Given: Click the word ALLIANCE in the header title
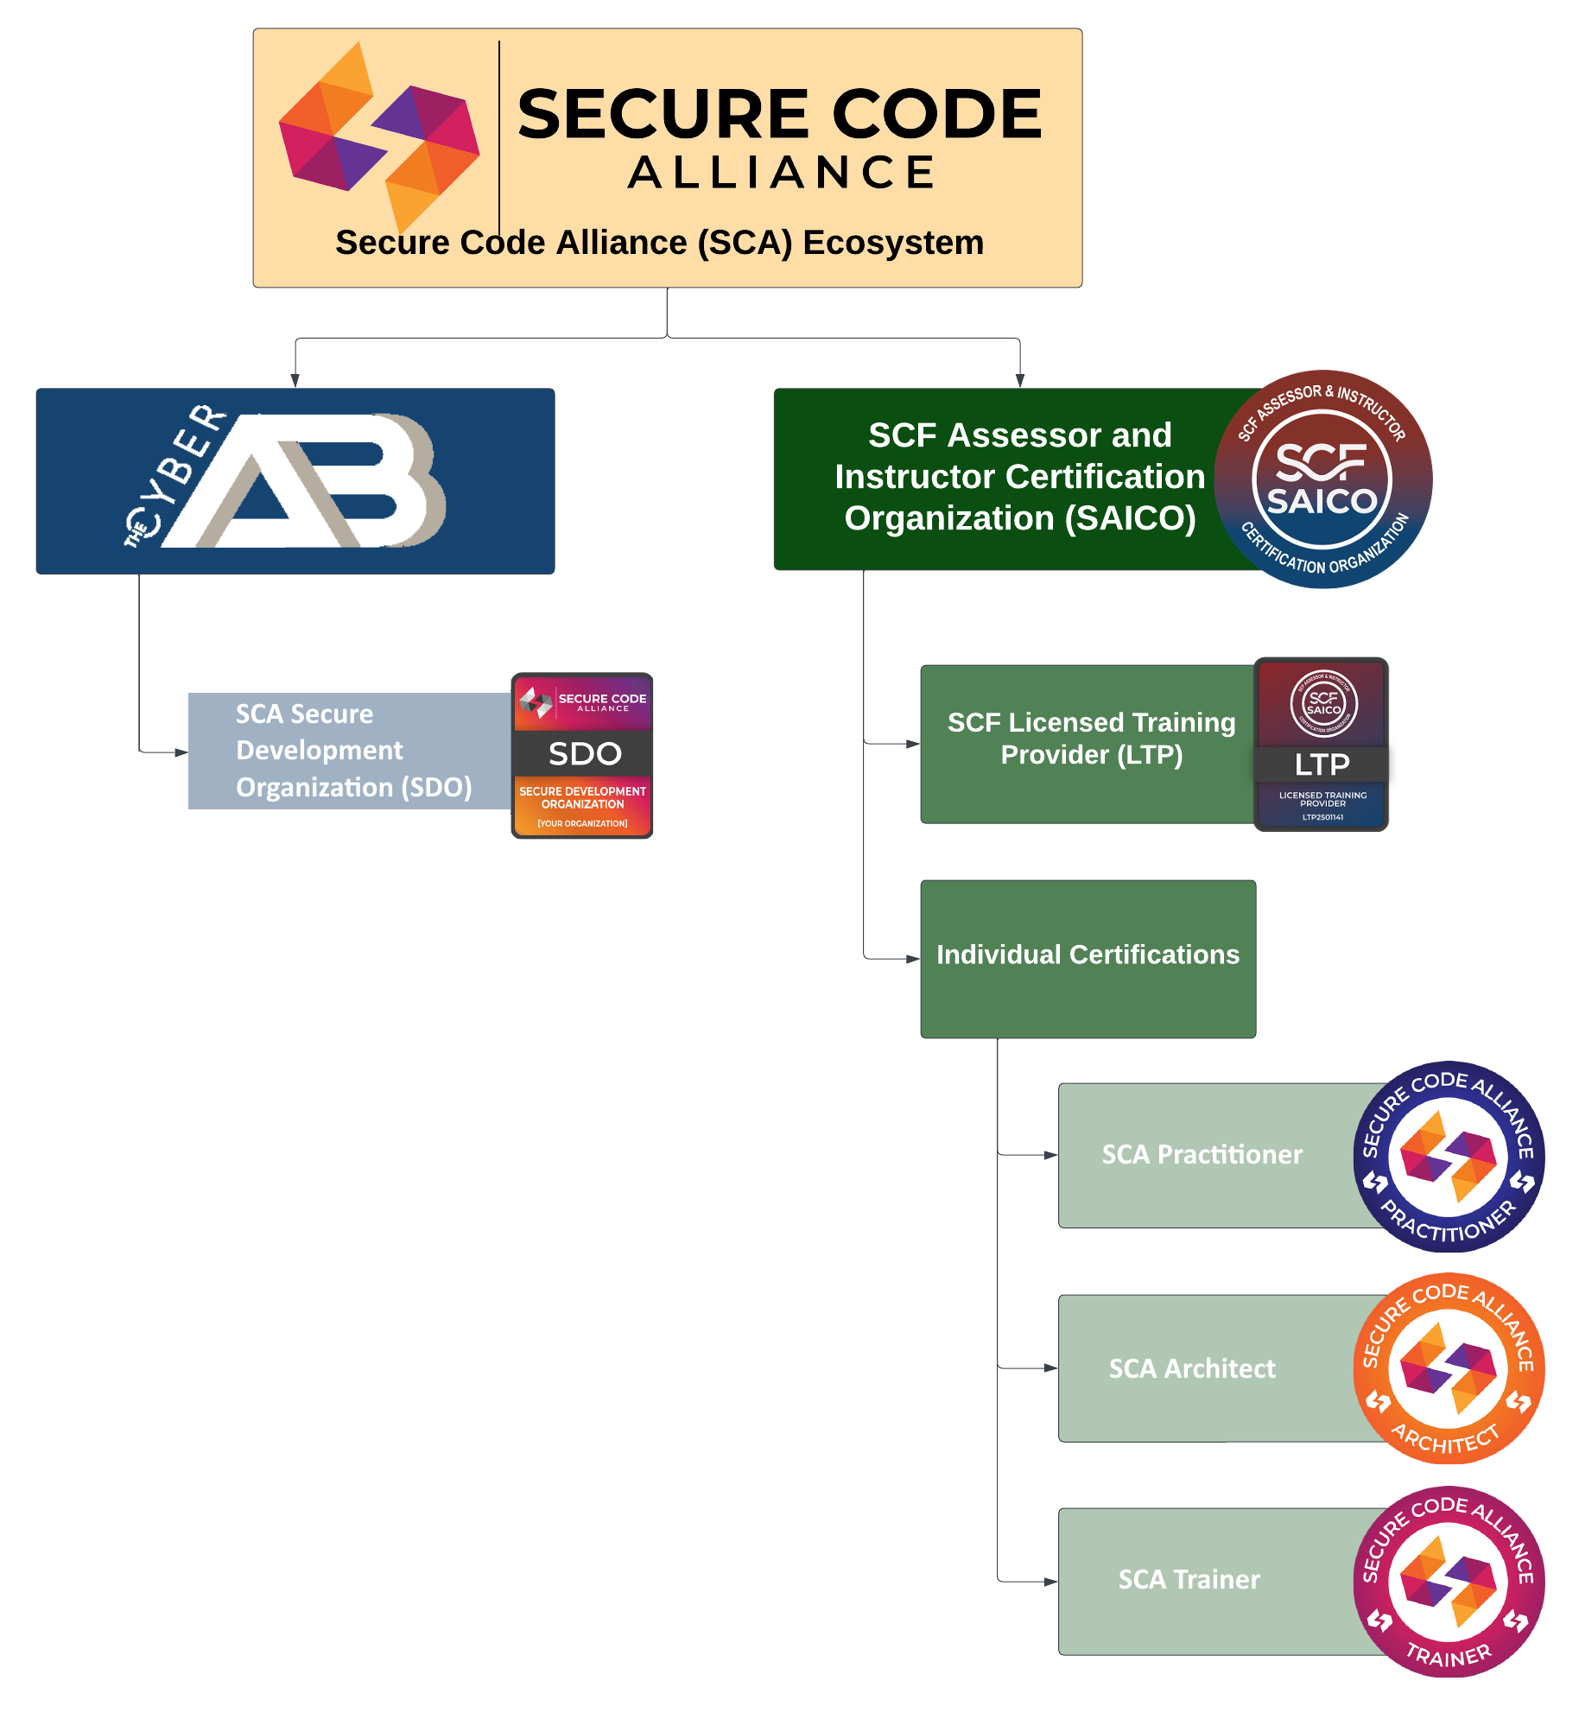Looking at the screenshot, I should click(x=781, y=173).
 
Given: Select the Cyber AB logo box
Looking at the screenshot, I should click(x=295, y=481).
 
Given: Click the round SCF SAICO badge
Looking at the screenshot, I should click(x=1322, y=479).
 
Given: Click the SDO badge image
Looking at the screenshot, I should click(x=582, y=756).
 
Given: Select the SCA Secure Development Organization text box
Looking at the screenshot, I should click(x=350, y=751).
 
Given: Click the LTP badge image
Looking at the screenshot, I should click(x=1321, y=745).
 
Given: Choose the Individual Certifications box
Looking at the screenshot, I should click(x=1088, y=958).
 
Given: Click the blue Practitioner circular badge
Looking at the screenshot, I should click(x=1449, y=1157).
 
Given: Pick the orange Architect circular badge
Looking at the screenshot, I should click(x=1449, y=1368).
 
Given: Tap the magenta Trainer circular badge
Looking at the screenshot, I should click(x=1449, y=1582).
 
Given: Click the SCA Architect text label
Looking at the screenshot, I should click(x=1191, y=1369).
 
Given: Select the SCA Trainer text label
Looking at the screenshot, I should click(x=1189, y=1580).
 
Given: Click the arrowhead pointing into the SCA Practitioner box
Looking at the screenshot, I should click(x=1050, y=1155).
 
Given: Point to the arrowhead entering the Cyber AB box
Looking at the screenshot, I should click(x=295, y=381).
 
